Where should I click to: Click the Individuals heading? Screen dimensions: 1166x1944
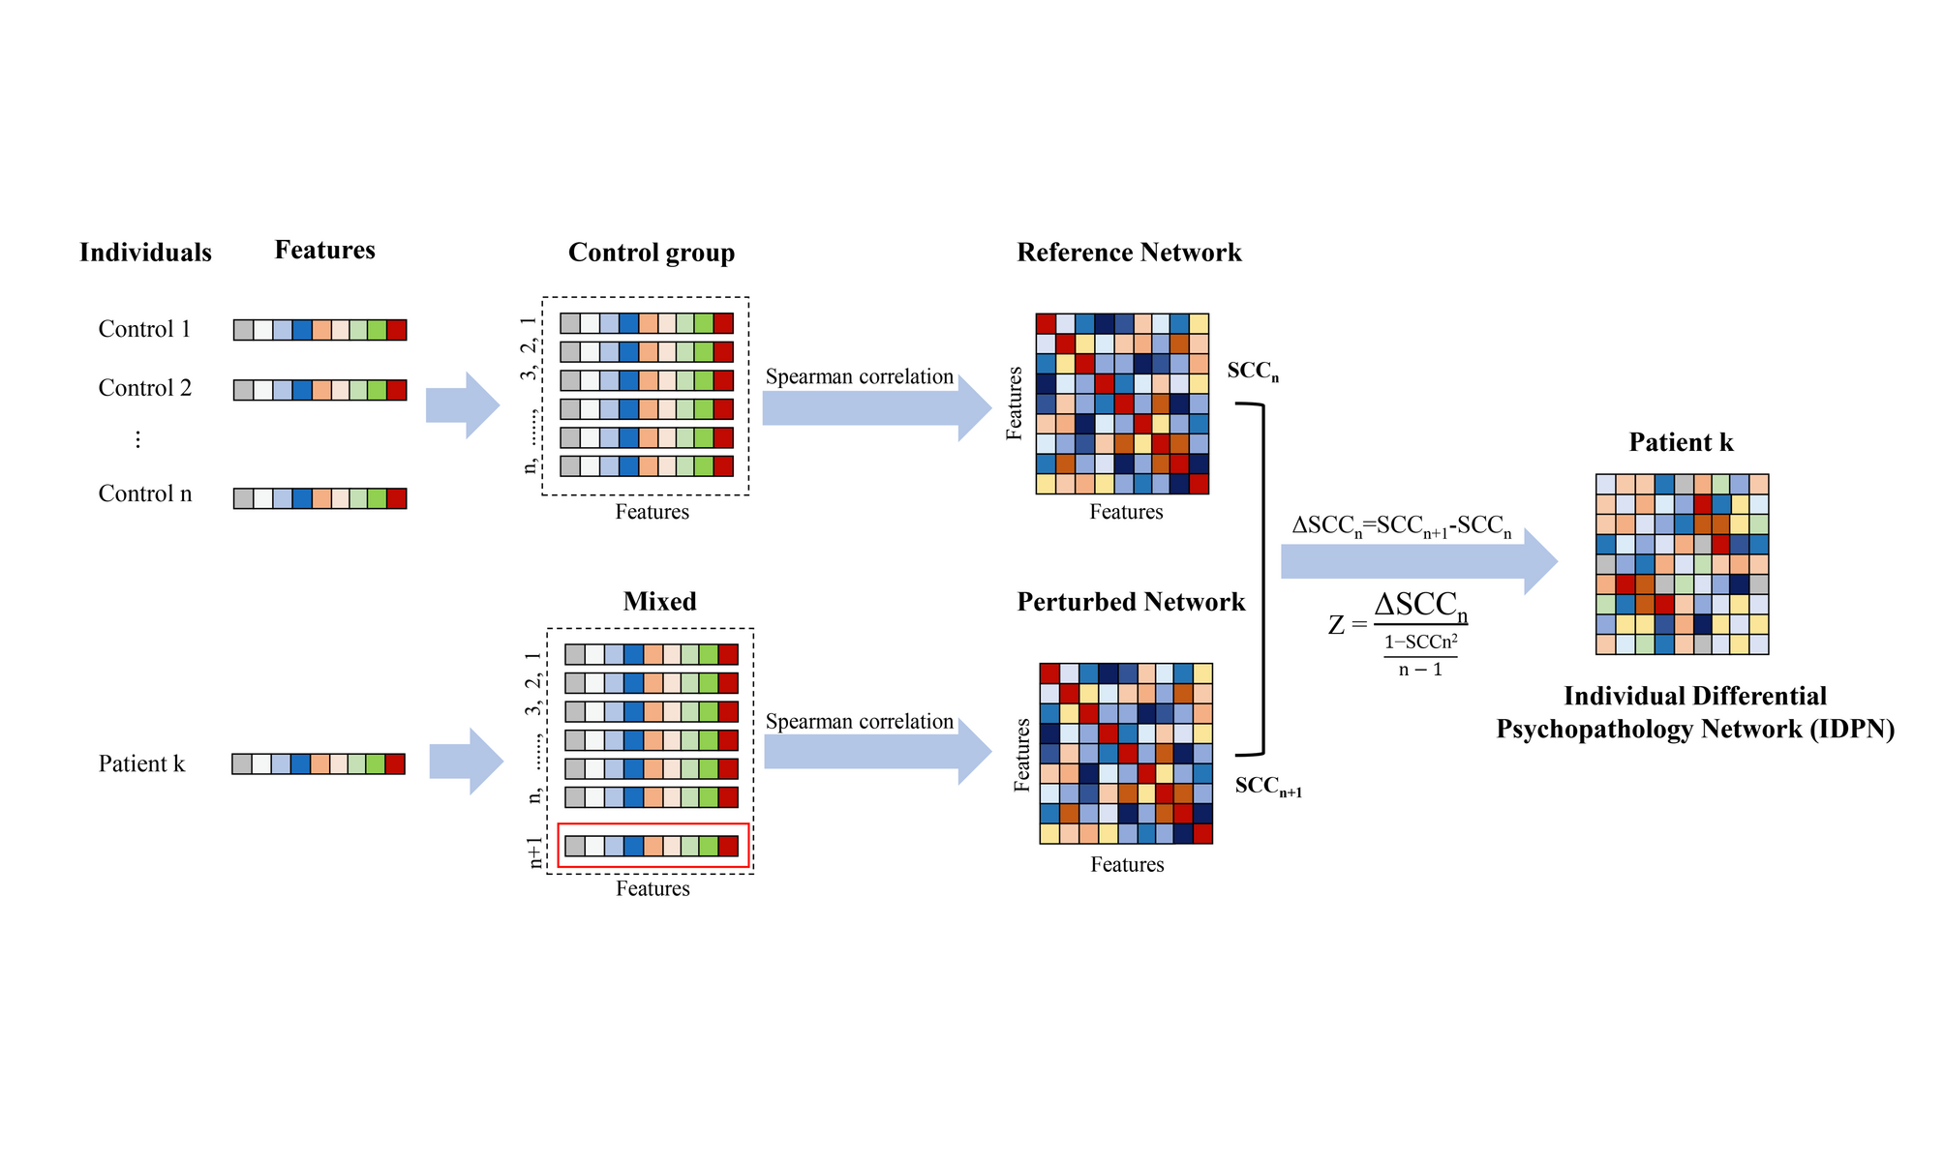click(x=145, y=253)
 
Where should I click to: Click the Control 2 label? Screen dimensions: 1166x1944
click(x=145, y=388)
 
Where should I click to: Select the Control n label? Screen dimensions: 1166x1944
click(x=145, y=493)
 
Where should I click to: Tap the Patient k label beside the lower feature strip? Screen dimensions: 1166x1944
click(x=141, y=763)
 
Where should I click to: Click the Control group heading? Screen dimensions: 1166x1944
click(x=651, y=253)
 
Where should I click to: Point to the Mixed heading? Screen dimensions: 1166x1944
click(x=659, y=601)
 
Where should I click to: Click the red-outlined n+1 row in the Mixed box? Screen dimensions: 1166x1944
click(x=653, y=846)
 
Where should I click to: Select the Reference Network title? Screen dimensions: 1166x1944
click(x=1128, y=253)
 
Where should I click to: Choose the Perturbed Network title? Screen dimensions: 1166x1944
click(x=1130, y=602)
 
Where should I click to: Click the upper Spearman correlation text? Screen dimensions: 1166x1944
click(x=859, y=376)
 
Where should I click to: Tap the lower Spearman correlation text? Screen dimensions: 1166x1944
click(x=859, y=722)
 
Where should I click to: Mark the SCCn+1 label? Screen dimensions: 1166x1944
click(x=1267, y=787)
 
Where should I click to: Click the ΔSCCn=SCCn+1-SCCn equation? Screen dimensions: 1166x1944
click(x=1401, y=526)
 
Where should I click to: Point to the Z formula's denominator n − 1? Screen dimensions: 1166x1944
click(x=1420, y=670)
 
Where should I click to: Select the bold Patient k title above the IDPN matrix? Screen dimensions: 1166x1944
click(x=1681, y=442)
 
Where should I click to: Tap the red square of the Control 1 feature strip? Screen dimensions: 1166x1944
click(x=396, y=330)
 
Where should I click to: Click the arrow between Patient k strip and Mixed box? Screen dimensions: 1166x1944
click(x=466, y=762)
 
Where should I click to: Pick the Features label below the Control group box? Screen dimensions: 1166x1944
click(x=652, y=512)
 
